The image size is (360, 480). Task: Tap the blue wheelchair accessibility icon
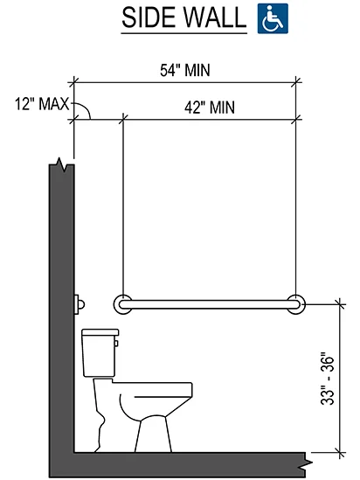coord(273,18)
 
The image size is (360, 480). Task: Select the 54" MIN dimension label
coord(185,70)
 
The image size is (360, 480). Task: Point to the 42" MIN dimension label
coord(210,108)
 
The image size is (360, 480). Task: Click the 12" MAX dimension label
coord(42,104)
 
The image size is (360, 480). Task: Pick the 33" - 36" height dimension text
coord(328,380)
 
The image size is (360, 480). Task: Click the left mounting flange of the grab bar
coord(123,304)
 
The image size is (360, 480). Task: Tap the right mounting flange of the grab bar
coord(295,304)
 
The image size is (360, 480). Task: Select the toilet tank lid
coord(100,332)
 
